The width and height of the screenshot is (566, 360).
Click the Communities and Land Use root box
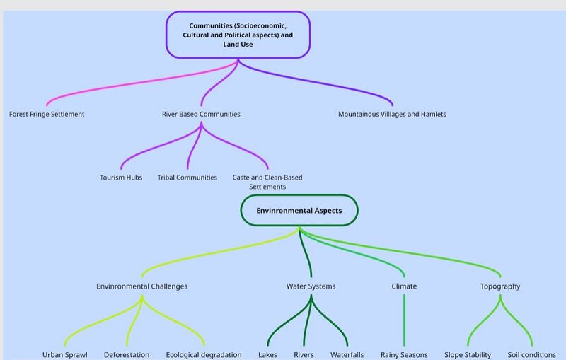[238, 35]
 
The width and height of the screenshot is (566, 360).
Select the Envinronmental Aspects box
[299, 210]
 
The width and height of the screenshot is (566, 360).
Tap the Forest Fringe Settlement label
[47, 114]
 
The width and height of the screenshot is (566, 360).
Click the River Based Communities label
[201, 114]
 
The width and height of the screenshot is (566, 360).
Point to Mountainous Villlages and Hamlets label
[392, 114]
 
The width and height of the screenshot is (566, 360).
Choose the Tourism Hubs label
[121, 178]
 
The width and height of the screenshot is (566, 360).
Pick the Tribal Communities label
[187, 178]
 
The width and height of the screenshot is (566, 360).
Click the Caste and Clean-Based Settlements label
[267, 182]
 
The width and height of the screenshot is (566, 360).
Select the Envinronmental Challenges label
[142, 286]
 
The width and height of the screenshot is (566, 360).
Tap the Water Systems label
[311, 286]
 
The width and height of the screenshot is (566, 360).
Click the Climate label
[404, 286]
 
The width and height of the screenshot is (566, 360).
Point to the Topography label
[500, 286]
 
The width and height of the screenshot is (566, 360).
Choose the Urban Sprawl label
[65, 355]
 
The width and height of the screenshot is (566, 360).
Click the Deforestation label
[127, 355]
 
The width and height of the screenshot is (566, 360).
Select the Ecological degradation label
[204, 355]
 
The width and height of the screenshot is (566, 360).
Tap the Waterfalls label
[347, 355]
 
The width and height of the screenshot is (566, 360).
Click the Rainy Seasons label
[404, 355]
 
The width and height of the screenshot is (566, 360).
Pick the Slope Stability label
[468, 355]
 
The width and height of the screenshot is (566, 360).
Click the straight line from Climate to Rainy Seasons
[404, 320]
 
